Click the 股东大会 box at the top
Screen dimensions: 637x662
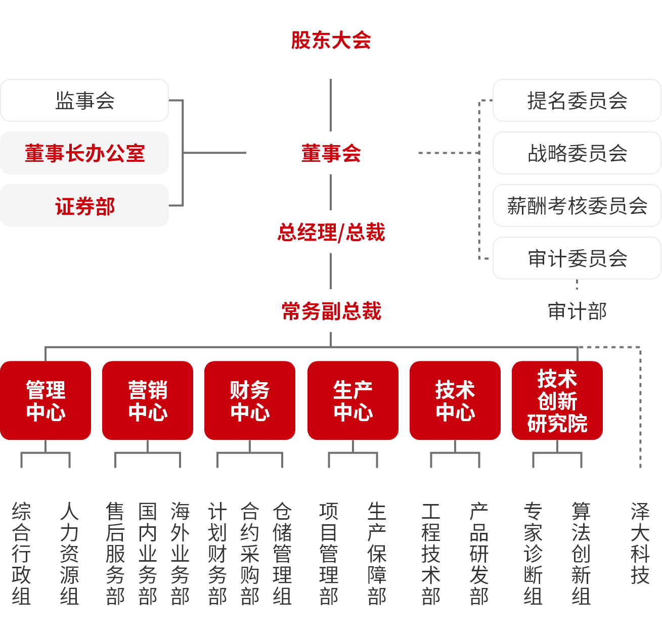click(331, 39)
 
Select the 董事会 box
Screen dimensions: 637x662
click(331, 153)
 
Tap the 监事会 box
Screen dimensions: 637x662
click(84, 100)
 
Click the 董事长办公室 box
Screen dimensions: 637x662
click(84, 153)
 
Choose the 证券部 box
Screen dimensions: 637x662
click(84, 205)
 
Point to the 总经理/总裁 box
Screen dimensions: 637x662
click(331, 232)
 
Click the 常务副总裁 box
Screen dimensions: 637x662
click(331, 310)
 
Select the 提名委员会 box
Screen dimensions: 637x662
click(577, 100)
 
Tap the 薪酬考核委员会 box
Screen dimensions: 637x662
click(577, 205)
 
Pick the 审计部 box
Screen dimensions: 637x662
click(577, 310)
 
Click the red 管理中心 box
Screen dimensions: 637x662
click(46, 400)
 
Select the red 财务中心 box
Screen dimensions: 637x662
click(250, 400)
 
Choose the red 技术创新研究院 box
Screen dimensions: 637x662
click(557, 400)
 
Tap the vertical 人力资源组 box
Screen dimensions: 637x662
click(69, 552)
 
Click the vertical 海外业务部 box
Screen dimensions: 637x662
click(180, 552)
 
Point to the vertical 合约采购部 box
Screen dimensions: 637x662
click(250, 552)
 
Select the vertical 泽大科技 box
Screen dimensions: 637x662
click(640, 552)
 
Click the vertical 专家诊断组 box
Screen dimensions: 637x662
click(533, 552)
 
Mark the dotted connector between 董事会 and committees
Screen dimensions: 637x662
click(447, 153)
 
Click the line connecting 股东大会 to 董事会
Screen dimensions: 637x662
click(331, 105)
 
